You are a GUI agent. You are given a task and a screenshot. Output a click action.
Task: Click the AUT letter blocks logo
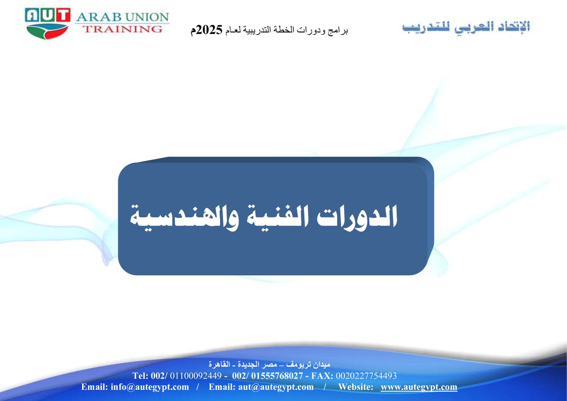(x=47, y=15)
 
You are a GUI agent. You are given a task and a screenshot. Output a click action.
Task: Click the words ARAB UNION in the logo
(x=123, y=17)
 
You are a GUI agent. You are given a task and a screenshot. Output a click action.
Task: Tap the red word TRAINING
(x=123, y=29)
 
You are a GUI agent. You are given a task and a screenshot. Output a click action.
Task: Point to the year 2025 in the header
(x=209, y=30)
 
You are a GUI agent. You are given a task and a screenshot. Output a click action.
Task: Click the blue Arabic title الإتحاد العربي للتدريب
(x=466, y=27)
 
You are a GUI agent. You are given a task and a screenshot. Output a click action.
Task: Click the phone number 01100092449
(x=196, y=376)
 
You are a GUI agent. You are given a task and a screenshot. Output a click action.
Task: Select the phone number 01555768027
(x=277, y=376)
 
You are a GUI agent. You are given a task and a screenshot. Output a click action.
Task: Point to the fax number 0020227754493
(x=366, y=376)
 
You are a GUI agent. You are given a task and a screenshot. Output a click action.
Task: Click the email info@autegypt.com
(x=150, y=387)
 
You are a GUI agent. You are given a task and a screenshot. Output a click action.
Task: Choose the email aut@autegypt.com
(x=276, y=387)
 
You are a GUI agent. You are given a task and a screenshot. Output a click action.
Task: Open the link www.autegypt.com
(x=419, y=387)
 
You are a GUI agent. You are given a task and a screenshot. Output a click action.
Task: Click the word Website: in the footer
(x=356, y=387)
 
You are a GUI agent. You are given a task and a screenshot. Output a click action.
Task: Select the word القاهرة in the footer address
(x=219, y=365)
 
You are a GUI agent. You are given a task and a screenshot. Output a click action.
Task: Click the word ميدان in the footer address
(x=322, y=365)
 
